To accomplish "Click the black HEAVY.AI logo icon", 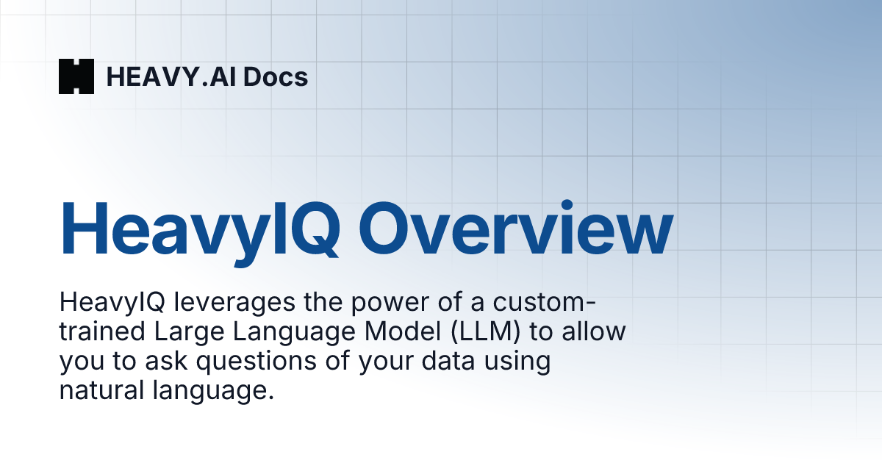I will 76,76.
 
